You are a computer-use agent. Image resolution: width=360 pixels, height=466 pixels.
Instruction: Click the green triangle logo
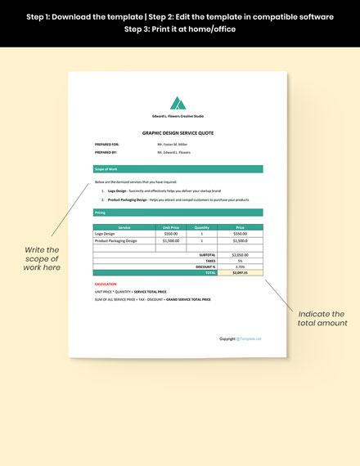pyautogui.click(x=178, y=103)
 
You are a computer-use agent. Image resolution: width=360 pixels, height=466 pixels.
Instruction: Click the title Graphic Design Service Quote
pyautogui.click(x=178, y=132)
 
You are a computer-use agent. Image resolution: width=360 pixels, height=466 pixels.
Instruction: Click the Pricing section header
pyautogui.click(x=101, y=213)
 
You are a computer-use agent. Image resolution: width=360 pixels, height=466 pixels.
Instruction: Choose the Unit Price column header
pyautogui.click(x=171, y=227)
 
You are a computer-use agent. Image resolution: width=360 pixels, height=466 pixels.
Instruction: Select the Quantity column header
pyautogui.click(x=202, y=227)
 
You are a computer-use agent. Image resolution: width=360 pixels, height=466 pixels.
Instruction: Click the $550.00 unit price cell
pyautogui.click(x=171, y=234)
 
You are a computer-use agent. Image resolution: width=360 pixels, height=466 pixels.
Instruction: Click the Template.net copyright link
pyautogui.click(x=249, y=338)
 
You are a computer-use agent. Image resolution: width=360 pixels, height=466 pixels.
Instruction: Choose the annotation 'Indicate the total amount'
pyautogui.click(x=322, y=319)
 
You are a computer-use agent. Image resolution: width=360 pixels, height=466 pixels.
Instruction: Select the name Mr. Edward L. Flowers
pyautogui.click(x=174, y=152)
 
